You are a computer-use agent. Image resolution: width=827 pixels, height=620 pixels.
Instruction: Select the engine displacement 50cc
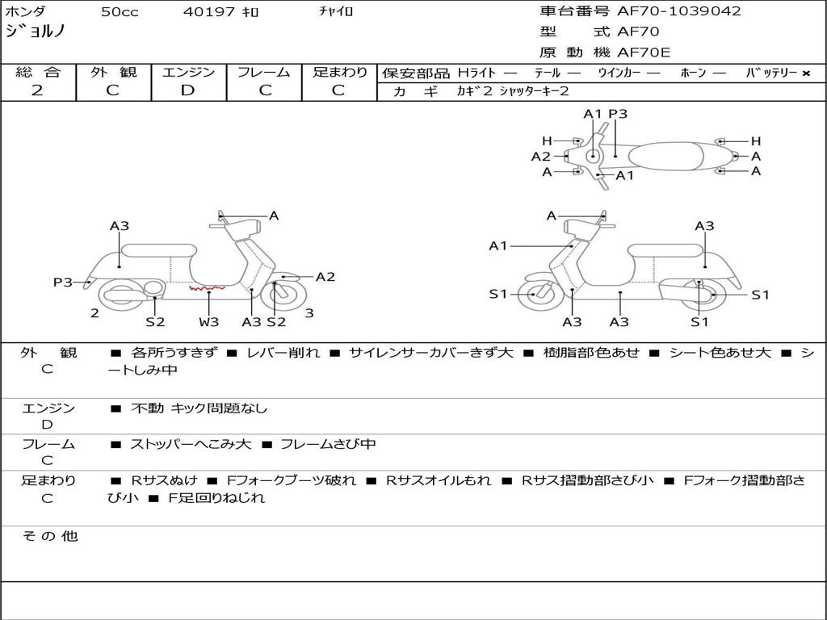pyautogui.click(x=120, y=12)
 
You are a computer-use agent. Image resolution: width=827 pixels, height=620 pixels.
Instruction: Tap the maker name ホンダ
pyautogui.click(x=25, y=11)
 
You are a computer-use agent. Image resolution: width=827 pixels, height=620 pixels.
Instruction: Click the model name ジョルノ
pyautogui.click(x=35, y=31)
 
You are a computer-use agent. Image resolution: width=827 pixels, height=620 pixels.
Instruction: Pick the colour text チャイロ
pyautogui.click(x=336, y=12)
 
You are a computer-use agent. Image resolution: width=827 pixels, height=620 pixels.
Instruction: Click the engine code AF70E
pyautogui.click(x=644, y=53)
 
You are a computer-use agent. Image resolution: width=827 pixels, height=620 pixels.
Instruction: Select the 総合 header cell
pyautogui.click(x=38, y=72)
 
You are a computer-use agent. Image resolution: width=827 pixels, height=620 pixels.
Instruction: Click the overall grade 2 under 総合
pyautogui.click(x=37, y=90)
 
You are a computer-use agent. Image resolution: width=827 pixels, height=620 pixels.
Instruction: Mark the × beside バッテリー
pyautogui.click(x=806, y=73)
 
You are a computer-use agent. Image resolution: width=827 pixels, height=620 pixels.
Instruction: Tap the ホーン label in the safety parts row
pyautogui.click(x=693, y=73)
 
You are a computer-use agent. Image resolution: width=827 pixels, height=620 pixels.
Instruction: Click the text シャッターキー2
pyautogui.click(x=534, y=91)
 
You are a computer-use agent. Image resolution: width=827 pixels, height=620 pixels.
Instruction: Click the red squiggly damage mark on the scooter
pyautogui.click(x=207, y=287)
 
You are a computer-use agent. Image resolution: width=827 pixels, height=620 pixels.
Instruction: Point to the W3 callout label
pyautogui.click(x=208, y=322)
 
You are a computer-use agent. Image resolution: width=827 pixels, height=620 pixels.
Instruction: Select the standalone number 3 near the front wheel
pyautogui.click(x=309, y=313)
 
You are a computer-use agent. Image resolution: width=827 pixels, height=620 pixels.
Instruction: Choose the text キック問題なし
pyautogui.click(x=219, y=408)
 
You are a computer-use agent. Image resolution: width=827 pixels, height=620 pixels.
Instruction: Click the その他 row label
pyautogui.click(x=50, y=536)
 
